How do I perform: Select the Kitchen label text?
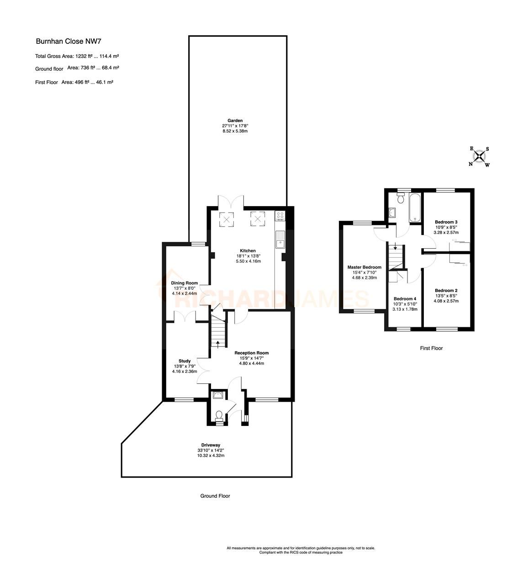(x=248, y=251)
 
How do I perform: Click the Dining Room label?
(x=185, y=283)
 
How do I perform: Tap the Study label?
(x=185, y=361)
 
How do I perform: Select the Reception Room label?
(x=252, y=353)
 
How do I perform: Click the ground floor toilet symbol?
(x=219, y=415)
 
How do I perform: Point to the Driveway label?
(x=211, y=445)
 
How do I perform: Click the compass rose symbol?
(x=479, y=157)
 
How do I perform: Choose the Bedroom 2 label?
(x=446, y=290)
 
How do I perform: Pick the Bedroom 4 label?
(x=405, y=298)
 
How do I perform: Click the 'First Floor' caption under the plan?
(x=431, y=348)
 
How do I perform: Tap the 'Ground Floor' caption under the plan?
(x=215, y=496)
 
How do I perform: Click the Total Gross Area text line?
(x=77, y=56)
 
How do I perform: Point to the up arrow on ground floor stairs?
(x=218, y=342)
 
